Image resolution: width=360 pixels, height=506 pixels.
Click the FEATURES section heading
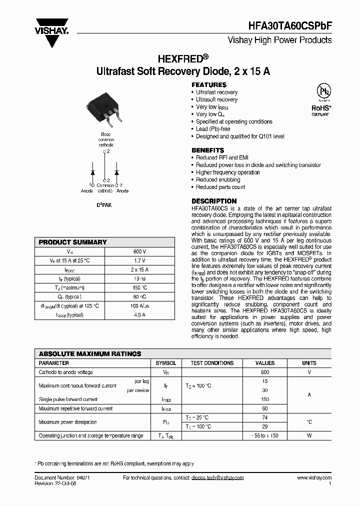click(209, 85)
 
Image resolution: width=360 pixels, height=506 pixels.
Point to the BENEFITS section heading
click(208, 150)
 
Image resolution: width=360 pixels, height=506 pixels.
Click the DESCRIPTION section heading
click(214, 201)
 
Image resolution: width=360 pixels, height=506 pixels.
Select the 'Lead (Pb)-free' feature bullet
click(213, 129)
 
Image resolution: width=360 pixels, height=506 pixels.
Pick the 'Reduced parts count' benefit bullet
click(220, 187)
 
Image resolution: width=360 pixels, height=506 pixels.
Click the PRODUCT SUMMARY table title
click(73, 242)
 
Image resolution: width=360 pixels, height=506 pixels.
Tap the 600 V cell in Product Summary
click(139, 251)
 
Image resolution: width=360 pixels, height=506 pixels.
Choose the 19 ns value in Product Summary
click(139, 278)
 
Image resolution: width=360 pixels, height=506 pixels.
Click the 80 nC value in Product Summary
click(139, 296)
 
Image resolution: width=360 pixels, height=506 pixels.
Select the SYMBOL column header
click(166, 363)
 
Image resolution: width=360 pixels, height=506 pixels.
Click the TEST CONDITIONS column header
click(212, 363)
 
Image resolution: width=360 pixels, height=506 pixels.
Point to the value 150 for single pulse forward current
click(265, 399)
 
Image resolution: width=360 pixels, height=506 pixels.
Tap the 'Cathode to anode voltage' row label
click(66, 372)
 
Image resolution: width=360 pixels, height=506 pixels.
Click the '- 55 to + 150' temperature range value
click(265, 435)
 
